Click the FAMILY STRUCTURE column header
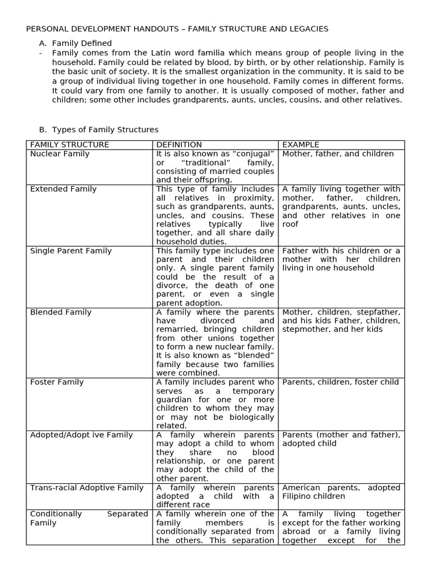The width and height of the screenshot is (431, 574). (x=70, y=145)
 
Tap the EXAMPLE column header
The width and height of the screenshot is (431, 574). (x=300, y=145)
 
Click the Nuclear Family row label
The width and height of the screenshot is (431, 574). (x=59, y=154)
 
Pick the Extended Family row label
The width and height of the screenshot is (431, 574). (x=63, y=189)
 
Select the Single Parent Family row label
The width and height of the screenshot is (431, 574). (x=71, y=251)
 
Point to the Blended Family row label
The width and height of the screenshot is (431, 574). (x=61, y=312)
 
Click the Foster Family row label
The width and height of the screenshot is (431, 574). (x=57, y=382)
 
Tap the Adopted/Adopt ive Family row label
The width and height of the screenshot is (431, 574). (x=81, y=434)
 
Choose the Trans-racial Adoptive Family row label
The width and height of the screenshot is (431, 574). (x=87, y=488)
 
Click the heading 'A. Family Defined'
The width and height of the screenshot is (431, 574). (x=82, y=43)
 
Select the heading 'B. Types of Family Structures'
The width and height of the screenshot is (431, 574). (x=105, y=129)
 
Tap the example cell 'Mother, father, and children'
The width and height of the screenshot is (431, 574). (x=338, y=154)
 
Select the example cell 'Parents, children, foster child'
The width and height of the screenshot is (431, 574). (x=341, y=382)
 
